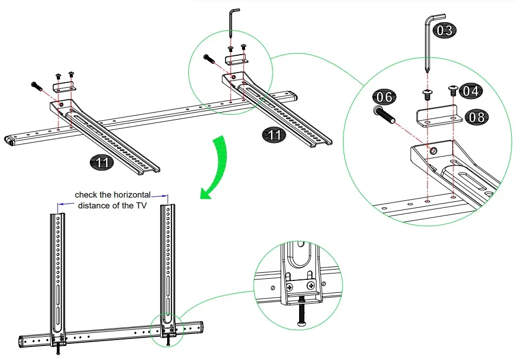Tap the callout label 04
tap(471, 91)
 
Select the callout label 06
tap(384, 97)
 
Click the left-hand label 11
tap(102, 162)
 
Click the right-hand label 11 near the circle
tap(275, 135)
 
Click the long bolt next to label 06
tap(384, 115)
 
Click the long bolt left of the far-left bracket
tap(37, 86)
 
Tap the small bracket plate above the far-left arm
tap(64, 86)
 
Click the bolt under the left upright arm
tap(58, 349)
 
